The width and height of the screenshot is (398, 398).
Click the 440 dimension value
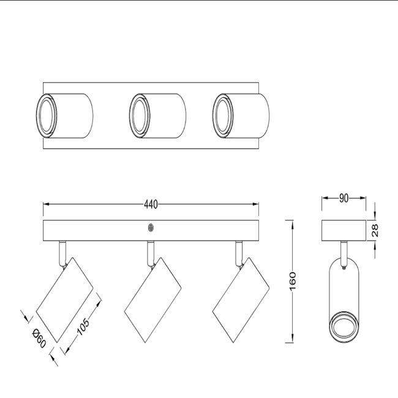point(151,205)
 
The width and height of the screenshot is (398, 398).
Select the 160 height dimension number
point(293,281)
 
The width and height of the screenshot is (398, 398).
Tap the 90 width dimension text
point(344,198)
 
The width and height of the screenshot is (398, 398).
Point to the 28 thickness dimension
point(375,230)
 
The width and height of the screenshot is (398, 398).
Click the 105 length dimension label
point(83,326)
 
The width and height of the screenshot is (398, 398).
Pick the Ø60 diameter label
point(39,338)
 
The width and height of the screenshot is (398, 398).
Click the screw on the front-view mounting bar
point(151,228)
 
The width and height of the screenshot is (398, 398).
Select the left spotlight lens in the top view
point(47,116)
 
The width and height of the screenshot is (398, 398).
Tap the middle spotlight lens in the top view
point(140,116)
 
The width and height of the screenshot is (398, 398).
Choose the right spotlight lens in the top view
point(223,116)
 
